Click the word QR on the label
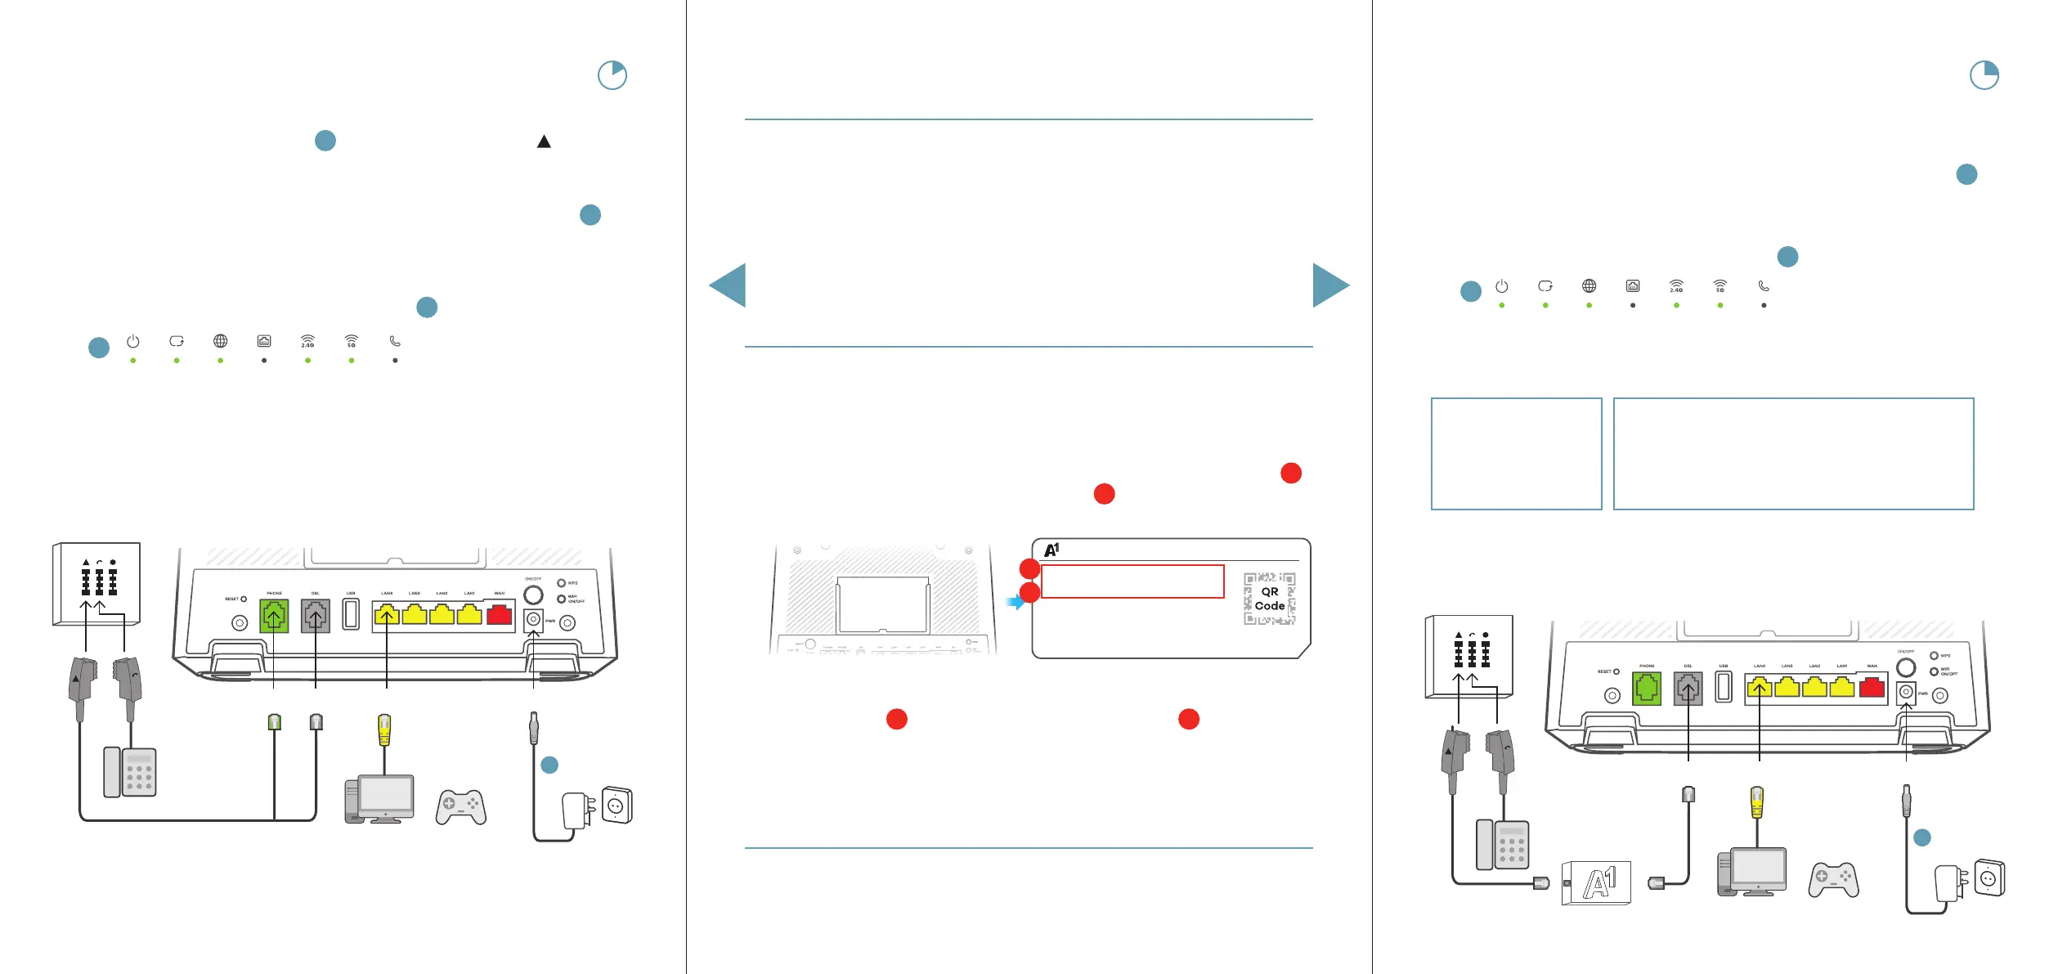1269,591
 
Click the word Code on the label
1269,606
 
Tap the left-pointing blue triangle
728,285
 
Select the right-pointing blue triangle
1330,285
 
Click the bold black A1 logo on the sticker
1051,550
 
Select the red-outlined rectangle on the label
1132,581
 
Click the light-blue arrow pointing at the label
1015,603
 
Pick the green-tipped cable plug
275,721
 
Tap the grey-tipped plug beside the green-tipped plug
316,721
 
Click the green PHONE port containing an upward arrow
274,616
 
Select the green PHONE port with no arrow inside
1646,689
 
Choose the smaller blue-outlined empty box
1516,454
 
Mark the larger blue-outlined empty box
1793,454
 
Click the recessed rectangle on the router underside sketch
882,604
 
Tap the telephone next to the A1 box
1502,845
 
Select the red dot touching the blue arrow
1029,593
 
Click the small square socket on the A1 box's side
1567,883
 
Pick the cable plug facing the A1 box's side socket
1541,883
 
